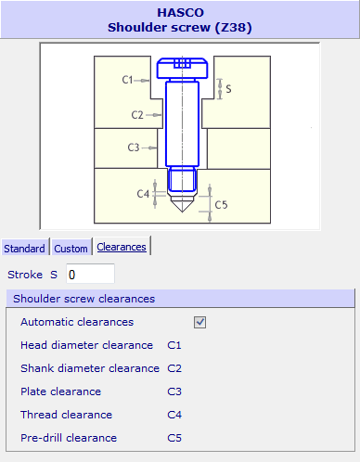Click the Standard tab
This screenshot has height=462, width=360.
coord(24,249)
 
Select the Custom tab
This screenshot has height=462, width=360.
coord(71,249)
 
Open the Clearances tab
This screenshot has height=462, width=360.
coord(122,247)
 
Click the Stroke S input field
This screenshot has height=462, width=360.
coord(90,275)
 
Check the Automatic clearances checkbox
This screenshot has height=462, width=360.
coord(199,322)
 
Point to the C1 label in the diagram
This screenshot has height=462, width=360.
coord(127,80)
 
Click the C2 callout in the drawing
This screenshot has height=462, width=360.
coord(137,115)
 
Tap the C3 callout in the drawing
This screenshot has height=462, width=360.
coord(134,148)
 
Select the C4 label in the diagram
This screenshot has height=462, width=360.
coord(143,194)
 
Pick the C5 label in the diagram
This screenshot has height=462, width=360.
coord(221,205)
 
